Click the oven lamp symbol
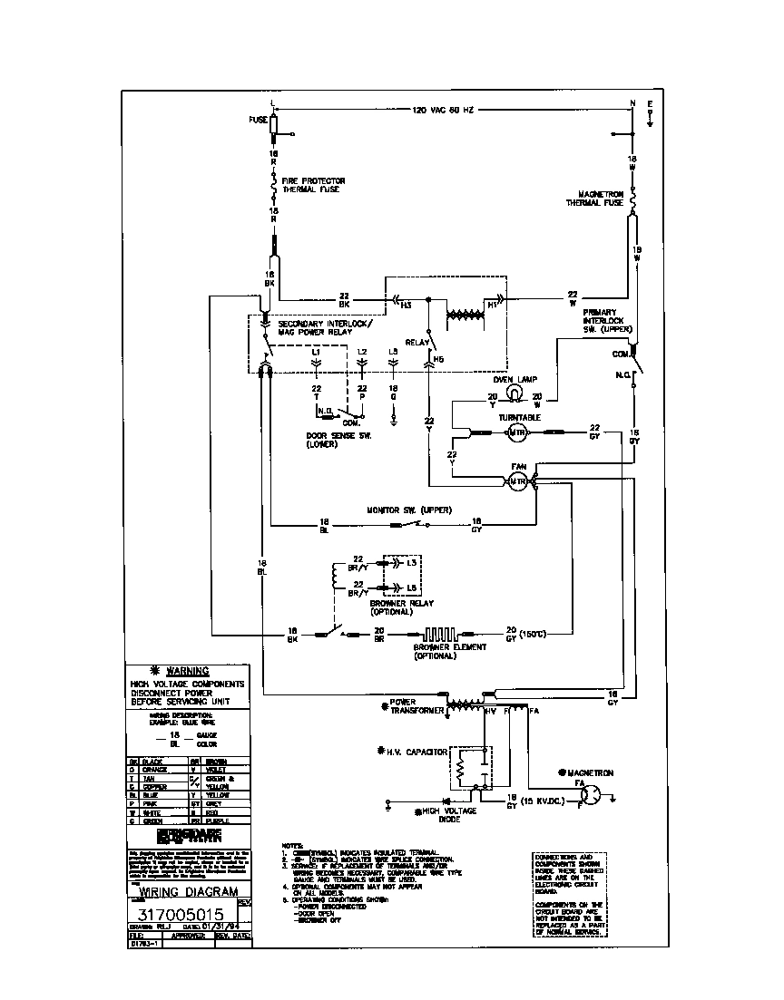[513, 393]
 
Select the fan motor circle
[516, 481]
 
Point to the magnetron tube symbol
[590, 794]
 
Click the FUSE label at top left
[257, 119]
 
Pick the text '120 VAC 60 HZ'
[443, 110]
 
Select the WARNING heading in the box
[188, 671]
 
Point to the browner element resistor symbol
[441, 634]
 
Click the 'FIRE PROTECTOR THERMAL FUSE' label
[313, 185]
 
